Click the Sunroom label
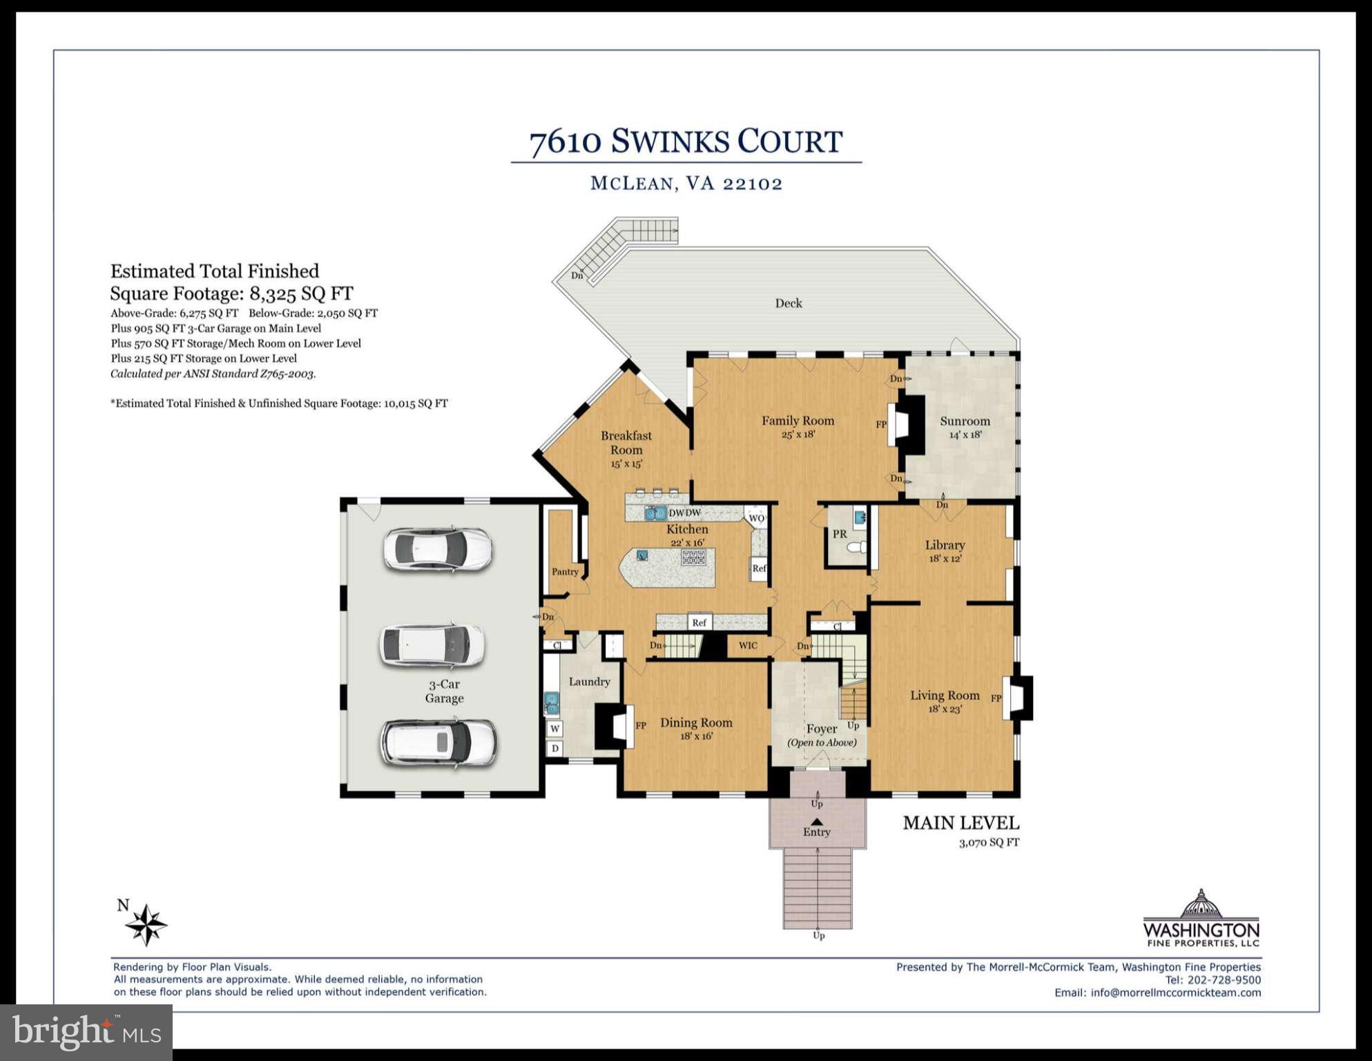point(965,421)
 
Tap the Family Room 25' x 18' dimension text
point(798,434)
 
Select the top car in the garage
point(438,549)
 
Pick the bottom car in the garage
point(438,743)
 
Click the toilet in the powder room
point(857,548)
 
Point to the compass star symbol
point(146,924)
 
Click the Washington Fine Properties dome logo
point(1201,904)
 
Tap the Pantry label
point(565,571)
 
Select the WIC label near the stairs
point(748,645)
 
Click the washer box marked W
point(554,728)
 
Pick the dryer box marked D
point(554,748)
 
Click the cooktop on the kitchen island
point(693,557)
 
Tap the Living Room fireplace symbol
point(1017,697)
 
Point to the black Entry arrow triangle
point(816,821)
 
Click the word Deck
point(788,303)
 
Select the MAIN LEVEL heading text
point(960,823)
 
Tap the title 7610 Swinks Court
point(686,142)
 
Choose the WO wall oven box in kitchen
point(756,518)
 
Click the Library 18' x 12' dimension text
point(945,558)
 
